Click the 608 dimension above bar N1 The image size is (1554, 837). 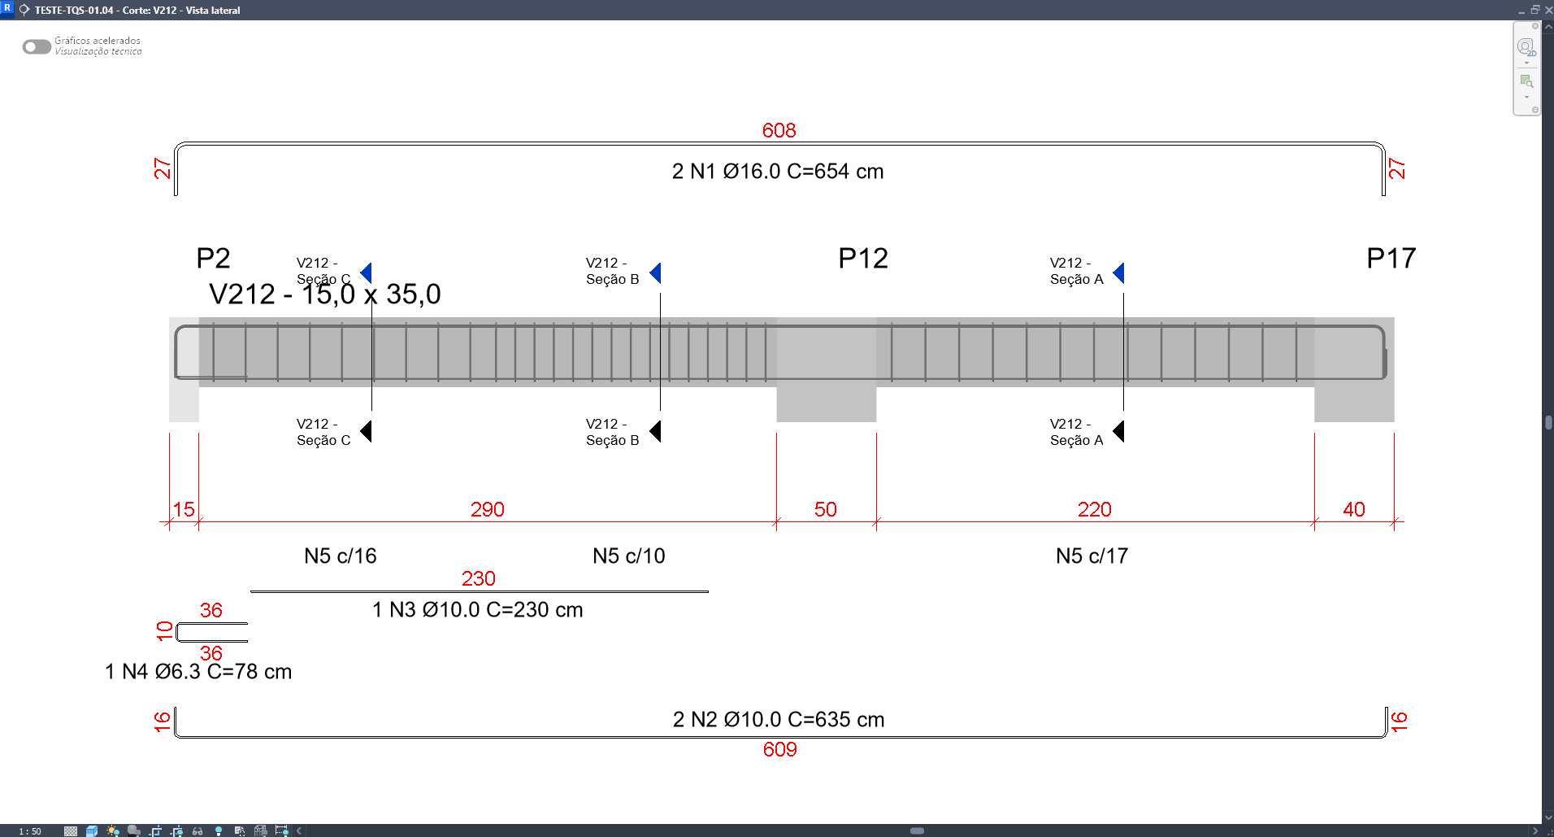click(x=779, y=130)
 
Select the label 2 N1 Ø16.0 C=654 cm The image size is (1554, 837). click(x=778, y=172)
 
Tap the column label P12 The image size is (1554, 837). click(x=863, y=259)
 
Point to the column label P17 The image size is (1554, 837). click(x=1391, y=259)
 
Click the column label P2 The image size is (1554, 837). click(x=213, y=259)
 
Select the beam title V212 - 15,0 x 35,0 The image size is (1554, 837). click(x=325, y=294)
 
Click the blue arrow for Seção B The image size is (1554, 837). click(x=655, y=273)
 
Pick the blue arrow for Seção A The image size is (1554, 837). click(x=1118, y=273)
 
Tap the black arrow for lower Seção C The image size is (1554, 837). click(x=366, y=431)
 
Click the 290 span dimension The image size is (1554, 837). click(x=488, y=510)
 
